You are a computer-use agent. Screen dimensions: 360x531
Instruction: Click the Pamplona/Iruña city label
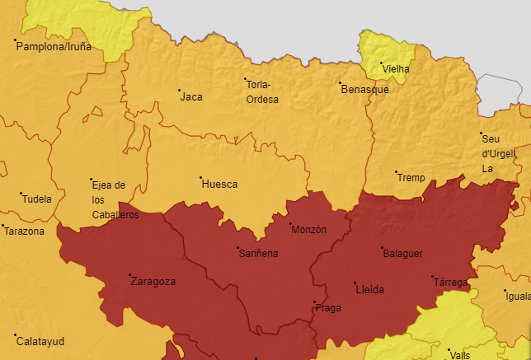tap(54, 47)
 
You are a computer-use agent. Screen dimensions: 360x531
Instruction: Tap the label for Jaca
tap(191, 97)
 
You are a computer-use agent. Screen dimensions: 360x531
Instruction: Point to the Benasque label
tap(364, 90)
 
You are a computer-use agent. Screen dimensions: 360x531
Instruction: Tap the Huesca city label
tap(219, 185)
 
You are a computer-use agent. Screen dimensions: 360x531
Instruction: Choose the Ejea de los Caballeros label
tap(110, 199)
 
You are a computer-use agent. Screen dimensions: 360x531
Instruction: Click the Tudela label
tap(37, 199)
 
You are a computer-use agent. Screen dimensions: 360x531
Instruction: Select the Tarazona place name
tap(24, 231)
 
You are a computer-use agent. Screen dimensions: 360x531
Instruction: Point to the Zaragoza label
tap(153, 282)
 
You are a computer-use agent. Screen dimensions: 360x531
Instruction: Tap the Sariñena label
tap(258, 254)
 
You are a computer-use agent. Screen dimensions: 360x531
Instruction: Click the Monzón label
tap(309, 229)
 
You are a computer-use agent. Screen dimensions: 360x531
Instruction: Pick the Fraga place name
tap(328, 308)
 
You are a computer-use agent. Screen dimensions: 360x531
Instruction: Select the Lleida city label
tap(369, 290)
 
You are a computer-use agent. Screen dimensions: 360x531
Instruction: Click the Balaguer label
tap(402, 254)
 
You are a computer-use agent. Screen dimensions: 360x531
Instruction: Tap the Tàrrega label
tap(450, 283)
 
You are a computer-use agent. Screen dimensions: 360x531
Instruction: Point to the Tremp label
tap(411, 178)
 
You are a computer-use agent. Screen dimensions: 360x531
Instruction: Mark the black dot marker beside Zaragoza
tap(129, 275)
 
